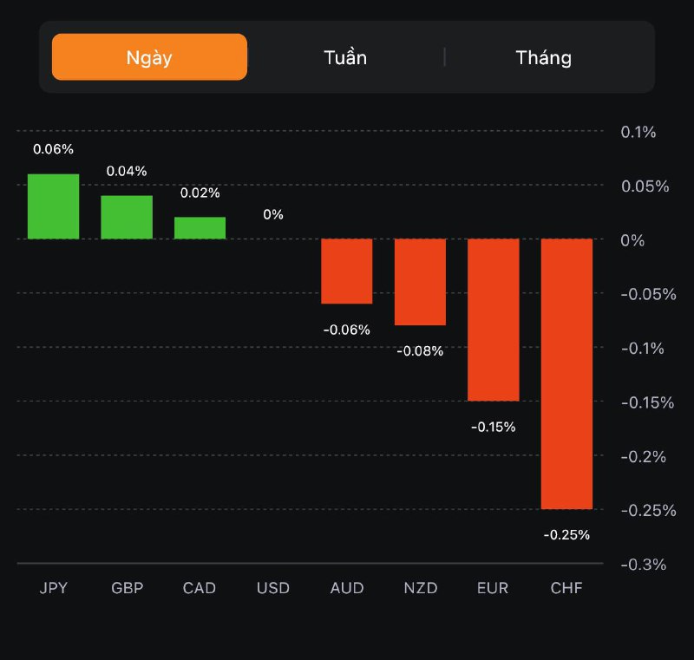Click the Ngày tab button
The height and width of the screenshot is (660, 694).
click(x=149, y=57)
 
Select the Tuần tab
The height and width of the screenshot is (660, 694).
click(x=345, y=57)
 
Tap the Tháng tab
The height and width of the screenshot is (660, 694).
click(x=543, y=57)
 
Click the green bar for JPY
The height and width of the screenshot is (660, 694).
click(x=53, y=206)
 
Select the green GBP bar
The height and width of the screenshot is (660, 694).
click(x=127, y=217)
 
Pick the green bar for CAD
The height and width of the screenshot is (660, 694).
click(x=200, y=228)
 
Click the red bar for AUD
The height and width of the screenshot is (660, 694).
click(x=347, y=271)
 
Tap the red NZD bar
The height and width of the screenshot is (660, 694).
click(x=420, y=282)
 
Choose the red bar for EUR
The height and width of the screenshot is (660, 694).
click(x=494, y=319)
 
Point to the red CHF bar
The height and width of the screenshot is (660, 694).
click(x=566, y=373)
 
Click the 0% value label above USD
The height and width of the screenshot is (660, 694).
click(x=273, y=214)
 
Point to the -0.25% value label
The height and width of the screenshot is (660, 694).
click(x=566, y=535)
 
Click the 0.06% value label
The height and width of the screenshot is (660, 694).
click(x=53, y=149)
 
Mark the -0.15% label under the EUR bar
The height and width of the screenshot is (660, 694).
click(x=494, y=427)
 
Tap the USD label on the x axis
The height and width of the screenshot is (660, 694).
click(x=273, y=588)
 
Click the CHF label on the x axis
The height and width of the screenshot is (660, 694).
click(x=566, y=588)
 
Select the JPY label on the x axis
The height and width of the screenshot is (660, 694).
click(x=53, y=588)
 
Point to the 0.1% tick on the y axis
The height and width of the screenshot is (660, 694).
click(x=638, y=132)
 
